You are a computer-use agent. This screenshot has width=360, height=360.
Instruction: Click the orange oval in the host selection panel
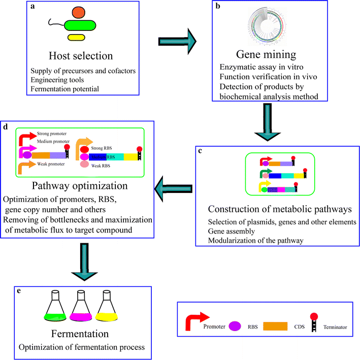point(78,12)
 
